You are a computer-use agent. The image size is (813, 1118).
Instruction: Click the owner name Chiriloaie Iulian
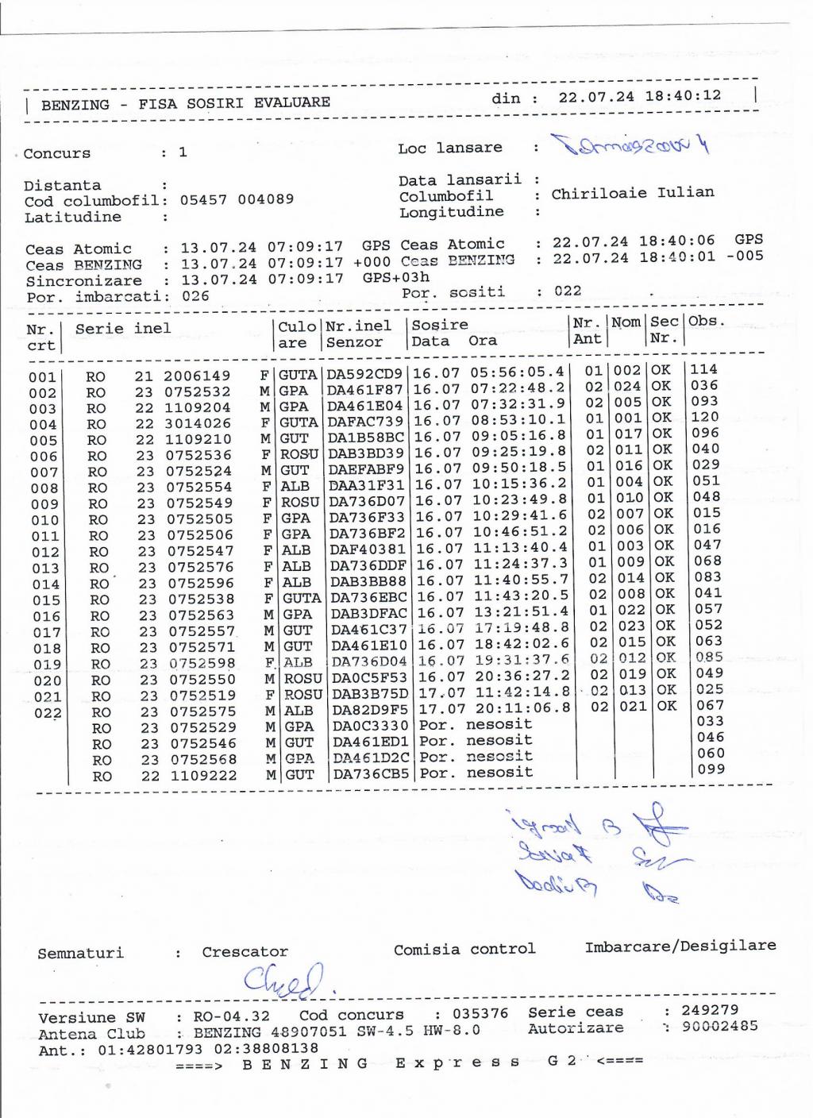click(x=632, y=193)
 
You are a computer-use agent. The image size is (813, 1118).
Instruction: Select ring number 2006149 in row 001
click(x=197, y=376)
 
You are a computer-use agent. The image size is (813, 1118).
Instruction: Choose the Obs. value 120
click(x=704, y=417)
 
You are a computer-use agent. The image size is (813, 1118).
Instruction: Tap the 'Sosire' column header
click(x=440, y=325)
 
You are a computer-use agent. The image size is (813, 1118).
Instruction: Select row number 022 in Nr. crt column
click(x=47, y=713)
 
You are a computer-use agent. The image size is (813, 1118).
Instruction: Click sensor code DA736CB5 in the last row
click(x=371, y=773)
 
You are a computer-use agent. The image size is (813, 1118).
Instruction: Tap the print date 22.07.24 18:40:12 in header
click(x=639, y=97)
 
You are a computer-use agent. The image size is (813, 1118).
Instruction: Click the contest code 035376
click(x=480, y=1014)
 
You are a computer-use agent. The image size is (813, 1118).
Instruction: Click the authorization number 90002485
click(x=720, y=1027)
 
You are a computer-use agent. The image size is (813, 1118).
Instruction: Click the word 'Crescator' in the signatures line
click(x=245, y=951)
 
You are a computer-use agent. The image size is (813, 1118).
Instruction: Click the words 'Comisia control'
click(x=464, y=949)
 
